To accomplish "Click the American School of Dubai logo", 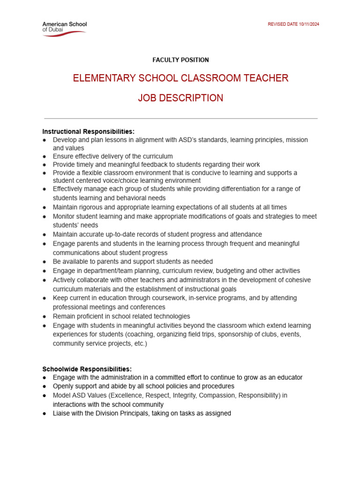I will click(64, 27).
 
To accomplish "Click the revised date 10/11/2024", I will click(293, 24).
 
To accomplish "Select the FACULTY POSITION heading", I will click(180, 60).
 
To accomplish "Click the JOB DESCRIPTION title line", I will click(180, 98).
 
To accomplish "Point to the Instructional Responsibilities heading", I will click(88, 131).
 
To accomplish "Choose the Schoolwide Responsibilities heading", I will click(87, 369).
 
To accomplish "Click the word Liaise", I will click(62, 413).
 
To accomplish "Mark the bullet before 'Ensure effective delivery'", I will click(44, 157).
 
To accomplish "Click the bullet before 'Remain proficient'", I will click(44, 317).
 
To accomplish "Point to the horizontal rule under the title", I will click(180, 119).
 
